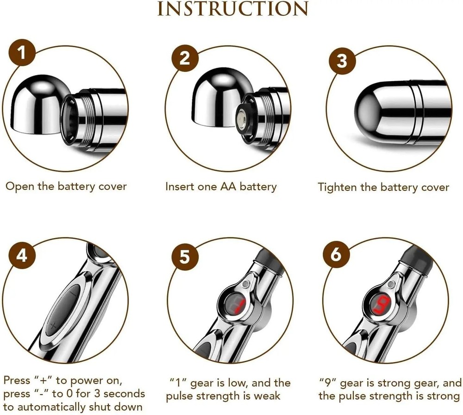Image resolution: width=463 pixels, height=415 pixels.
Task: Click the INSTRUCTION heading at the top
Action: click(232, 9)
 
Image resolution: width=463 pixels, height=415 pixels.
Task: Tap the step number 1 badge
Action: click(22, 55)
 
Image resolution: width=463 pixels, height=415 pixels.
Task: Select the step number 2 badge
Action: click(185, 59)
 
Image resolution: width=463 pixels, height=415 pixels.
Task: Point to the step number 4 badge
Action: click(22, 255)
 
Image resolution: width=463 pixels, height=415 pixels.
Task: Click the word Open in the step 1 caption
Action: click(18, 187)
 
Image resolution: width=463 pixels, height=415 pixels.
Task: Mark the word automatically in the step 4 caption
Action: click(58, 408)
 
